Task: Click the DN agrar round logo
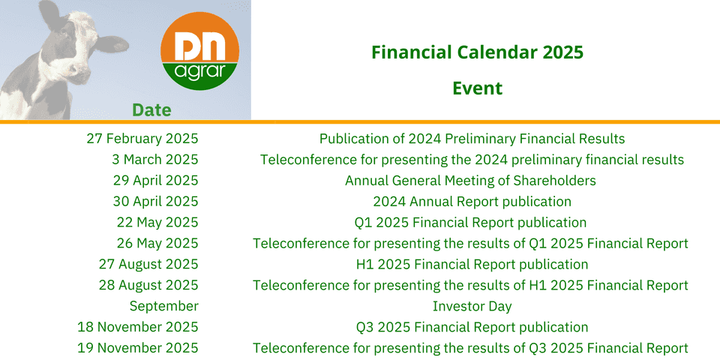[199, 51]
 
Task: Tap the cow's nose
[78, 73]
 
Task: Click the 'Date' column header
[151, 110]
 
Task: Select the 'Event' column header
[478, 88]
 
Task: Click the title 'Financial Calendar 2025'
[478, 52]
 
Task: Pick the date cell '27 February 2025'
[142, 139]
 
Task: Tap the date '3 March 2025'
[155, 160]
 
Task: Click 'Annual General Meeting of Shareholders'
[471, 181]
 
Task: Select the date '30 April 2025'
[156, 202]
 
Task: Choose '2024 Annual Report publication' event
[472, 202]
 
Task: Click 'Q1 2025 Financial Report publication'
[471, 223]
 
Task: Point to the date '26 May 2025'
[157, 243]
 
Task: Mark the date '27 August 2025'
[148, 265]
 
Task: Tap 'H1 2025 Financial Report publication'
[472, 265]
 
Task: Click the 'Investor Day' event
[472, 306]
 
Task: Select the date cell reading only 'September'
[164, 306]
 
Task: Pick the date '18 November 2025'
[138, 328]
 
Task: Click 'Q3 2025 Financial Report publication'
[472, 328]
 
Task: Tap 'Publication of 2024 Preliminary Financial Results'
[472, 139]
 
